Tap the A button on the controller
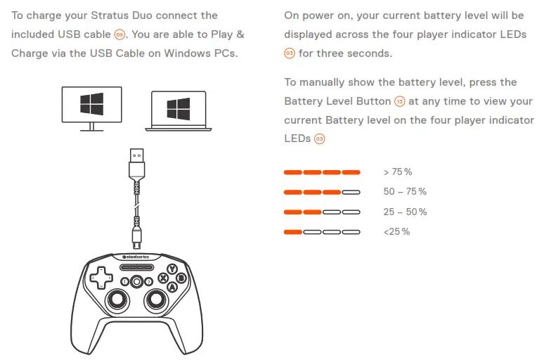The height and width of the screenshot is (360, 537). pos(171,286)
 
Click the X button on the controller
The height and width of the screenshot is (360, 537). pos(162,278)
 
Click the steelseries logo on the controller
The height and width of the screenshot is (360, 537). pos(136,258)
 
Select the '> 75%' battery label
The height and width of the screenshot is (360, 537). pos(398,172)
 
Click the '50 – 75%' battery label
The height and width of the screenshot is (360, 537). pos(405,191)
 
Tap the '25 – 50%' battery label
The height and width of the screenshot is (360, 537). pos(405,212)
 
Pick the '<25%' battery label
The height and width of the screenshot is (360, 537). pos(396,231)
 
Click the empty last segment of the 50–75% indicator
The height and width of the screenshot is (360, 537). pos(351,191)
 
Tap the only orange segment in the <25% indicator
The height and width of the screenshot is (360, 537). pos(292,231)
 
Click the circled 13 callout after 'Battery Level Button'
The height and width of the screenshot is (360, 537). pos(400,102)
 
